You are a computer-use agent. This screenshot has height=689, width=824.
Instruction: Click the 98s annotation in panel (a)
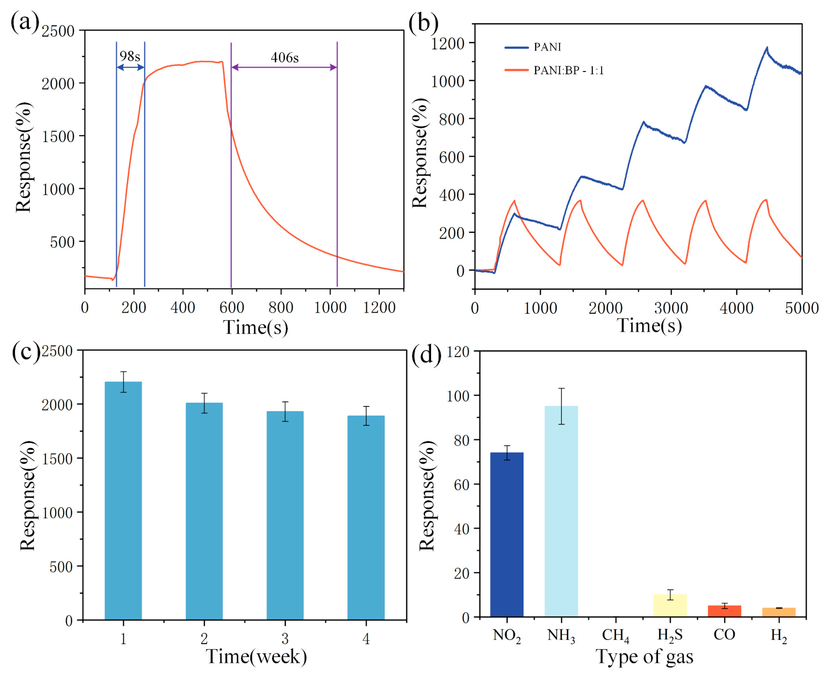pos(130,56)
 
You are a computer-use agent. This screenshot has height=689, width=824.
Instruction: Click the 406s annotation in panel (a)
pos(285,58)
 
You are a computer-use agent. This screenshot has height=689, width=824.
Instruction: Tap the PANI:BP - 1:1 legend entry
pos(568,70)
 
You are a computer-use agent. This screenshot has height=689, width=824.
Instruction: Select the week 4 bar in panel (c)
pos(366,517)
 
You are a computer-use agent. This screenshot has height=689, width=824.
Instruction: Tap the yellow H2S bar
pos(670,606)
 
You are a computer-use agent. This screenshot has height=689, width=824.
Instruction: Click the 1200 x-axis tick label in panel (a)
pos(379,308)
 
